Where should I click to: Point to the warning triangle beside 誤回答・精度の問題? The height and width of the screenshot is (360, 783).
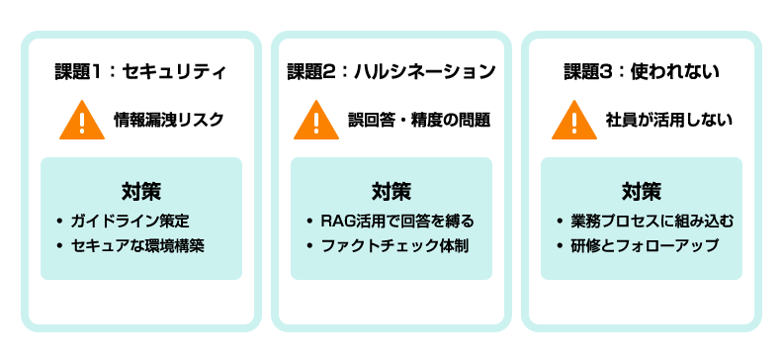coord(316,122)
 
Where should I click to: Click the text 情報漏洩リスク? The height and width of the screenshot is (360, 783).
coord(169,121)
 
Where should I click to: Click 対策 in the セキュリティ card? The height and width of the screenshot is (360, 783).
coord(141,189)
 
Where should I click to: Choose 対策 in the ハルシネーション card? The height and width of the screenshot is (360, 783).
coord(391,189)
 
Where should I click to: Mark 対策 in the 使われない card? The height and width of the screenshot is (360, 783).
coord(641,189)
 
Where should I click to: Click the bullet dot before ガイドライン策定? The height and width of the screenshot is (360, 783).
coord(60,221)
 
